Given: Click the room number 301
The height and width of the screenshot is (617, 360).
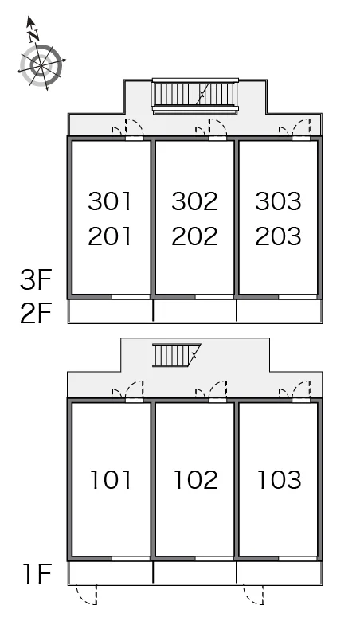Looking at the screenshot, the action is [x=109, y=201].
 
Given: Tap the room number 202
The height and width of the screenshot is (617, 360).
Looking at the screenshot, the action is [x=194, y=236].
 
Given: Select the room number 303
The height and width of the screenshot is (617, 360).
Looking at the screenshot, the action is [x=278, y=201].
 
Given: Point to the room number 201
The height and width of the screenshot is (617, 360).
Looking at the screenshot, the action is [x=109, y=236].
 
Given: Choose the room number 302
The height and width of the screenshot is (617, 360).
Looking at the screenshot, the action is [x=194, y=201].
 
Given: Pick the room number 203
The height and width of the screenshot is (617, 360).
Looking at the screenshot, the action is [x=278, y=236].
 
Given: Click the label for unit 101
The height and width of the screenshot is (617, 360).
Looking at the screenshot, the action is [x=111, y=480].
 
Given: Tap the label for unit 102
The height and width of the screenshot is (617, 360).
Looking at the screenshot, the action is [x=196, y=480].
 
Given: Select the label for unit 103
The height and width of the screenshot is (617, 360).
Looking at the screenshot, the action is [x=280, y=480].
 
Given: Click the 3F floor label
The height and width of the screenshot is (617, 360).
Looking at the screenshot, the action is [x=36, y=279].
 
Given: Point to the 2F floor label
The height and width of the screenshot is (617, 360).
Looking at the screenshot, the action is [x=36, y=313].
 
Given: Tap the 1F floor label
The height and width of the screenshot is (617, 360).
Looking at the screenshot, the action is [x=37, y=574].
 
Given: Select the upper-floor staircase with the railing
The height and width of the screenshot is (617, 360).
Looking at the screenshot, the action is [x=196, y=96].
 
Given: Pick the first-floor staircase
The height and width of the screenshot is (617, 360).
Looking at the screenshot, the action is [x=177, y=355].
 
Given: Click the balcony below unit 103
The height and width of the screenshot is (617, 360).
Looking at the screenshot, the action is [x=280, y=572].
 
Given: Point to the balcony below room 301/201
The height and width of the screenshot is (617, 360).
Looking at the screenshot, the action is [x=110, y=310].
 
